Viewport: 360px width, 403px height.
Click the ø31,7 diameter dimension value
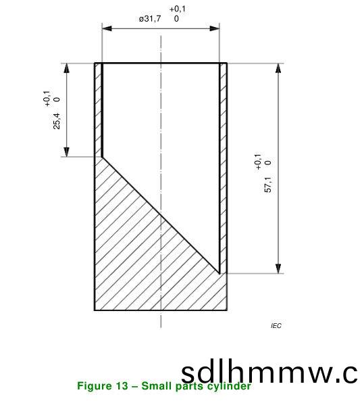click(x=150, y=19)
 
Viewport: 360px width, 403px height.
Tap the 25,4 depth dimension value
click(x=57, y=120)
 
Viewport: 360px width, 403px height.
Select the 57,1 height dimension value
click(x=268, y=185)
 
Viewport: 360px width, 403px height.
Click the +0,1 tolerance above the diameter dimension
click(x=178, y=8)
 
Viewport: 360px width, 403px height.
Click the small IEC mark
click(x=276, y=326)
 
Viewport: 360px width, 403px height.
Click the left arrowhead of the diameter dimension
click(x=106, y=28)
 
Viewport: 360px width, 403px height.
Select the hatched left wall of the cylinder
click(x=98, y=108)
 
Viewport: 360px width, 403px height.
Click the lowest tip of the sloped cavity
click(x=220, y=272)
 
